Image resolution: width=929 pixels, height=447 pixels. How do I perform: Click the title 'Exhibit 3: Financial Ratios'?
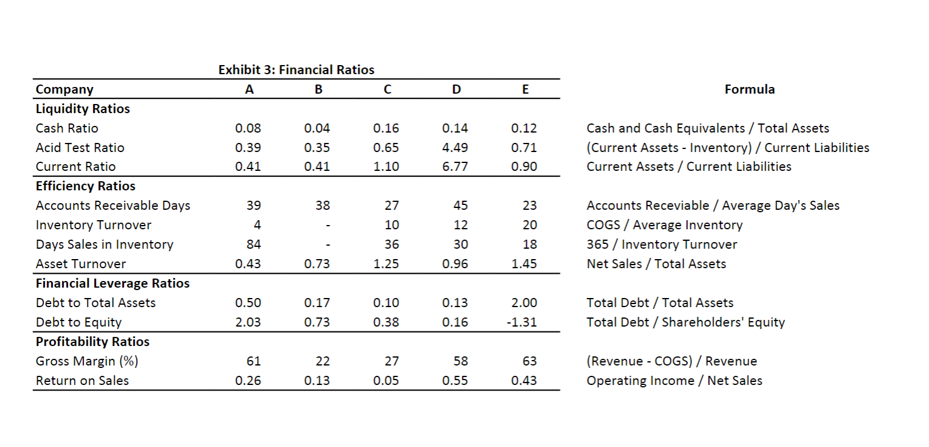tap(296, 70)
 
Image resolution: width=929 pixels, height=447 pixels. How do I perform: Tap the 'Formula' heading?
tap(749, 89)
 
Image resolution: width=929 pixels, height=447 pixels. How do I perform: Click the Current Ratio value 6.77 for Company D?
tap(455, 167)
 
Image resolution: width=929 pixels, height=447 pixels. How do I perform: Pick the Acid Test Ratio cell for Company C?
tap(386, 147)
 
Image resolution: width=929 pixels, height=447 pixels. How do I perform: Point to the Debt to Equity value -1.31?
tap(523, 322)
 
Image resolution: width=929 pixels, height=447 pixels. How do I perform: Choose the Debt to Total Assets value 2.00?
tap(524, 303)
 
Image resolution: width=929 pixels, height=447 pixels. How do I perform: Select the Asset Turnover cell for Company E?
tap(524, 264)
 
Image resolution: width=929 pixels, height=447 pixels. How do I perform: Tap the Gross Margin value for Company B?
tap(323, 361)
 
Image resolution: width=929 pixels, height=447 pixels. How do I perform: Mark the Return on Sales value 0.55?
tap(455, 381)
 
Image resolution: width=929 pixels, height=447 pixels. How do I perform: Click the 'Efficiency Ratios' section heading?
tap(86, 186)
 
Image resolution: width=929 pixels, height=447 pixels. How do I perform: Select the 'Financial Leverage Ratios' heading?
tap(112, 283)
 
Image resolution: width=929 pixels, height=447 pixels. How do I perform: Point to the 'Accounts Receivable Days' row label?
tap(113, 206)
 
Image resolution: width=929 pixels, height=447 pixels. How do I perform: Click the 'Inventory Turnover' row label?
tap(94, 225)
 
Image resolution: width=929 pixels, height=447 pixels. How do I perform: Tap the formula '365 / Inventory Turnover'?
tap(662, 244)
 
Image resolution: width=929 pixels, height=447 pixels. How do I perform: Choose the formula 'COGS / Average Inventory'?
tap(664, 225)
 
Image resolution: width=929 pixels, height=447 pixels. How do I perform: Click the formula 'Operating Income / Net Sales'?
tap(674, 381)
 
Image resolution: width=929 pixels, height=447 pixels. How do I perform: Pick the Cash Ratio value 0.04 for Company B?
tap(317, 128)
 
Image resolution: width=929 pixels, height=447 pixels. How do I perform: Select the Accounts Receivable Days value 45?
tap(461, 206)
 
